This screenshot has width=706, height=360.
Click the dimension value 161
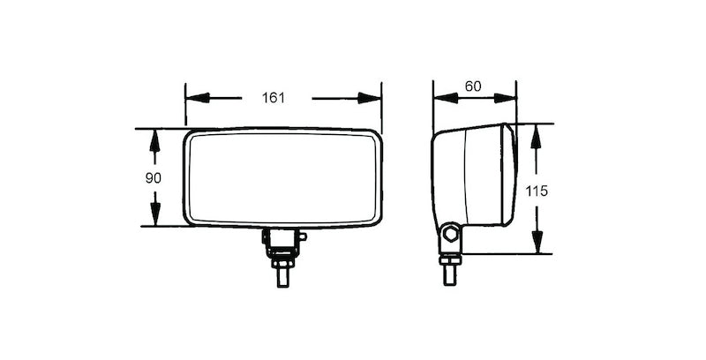274,97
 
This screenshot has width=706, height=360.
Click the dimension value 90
153,177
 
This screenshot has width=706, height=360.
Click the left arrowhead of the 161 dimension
197,97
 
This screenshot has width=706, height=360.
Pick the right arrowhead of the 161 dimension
371,97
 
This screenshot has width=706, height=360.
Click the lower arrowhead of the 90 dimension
155,216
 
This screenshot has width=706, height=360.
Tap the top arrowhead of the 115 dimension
535,135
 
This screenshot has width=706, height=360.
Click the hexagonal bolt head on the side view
451,235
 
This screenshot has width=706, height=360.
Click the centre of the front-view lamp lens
282,177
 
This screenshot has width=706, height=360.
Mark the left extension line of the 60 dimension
433,106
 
